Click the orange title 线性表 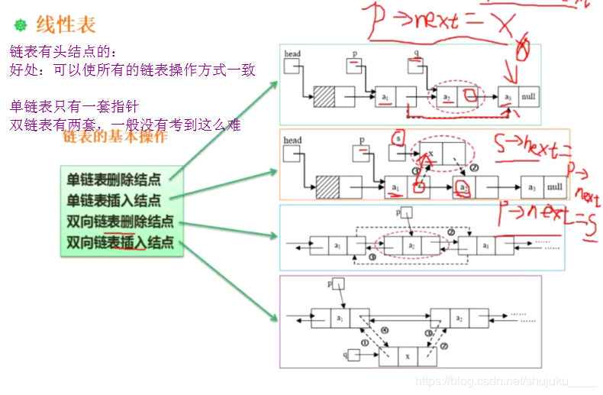point(66,25)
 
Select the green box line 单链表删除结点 point(114,180)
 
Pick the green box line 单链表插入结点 point(114,201)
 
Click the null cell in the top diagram point(529,97)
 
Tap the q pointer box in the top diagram point(416,67)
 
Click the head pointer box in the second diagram point(292,154)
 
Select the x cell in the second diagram point(431,152)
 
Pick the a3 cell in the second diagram point(532,186)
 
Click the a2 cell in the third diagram point(411,245)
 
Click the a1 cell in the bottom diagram point(340,317)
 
